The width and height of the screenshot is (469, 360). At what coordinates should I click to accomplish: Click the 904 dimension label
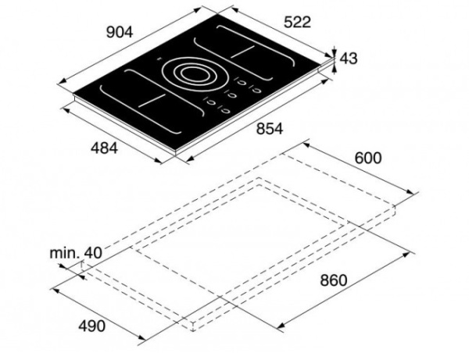tap(120, 32)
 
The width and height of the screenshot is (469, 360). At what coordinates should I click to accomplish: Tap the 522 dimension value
tap(297, 22)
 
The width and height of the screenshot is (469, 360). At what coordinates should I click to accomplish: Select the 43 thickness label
tap(349, 59)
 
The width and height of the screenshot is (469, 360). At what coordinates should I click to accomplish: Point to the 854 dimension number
tap(269, 129)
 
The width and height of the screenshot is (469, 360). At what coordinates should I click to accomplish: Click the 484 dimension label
tap(105, 148)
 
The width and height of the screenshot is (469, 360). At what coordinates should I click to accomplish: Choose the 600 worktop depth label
tap(368, 158)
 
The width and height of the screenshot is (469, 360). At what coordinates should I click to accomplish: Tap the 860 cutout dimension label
tap(334, 280)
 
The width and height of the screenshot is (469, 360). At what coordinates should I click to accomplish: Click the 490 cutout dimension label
tap(91, 326)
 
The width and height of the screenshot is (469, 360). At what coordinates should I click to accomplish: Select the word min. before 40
tap(64, 253)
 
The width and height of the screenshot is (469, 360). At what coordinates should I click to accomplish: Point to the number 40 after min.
tap(93, 253)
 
